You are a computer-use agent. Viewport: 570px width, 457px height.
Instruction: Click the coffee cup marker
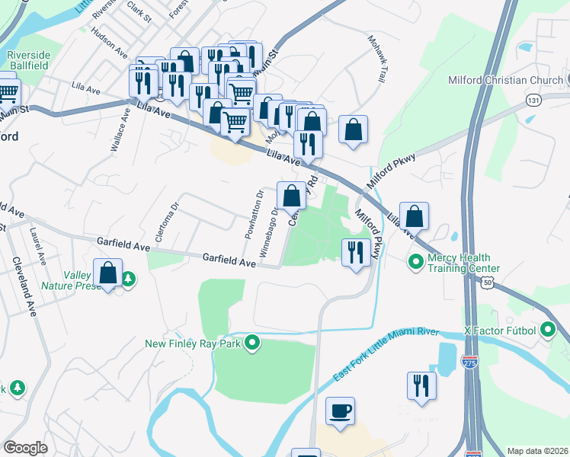(340, 411)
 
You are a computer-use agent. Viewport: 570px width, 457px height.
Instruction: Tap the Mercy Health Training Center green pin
(416, 263)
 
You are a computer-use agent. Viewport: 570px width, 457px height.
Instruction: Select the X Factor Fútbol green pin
(547, 331)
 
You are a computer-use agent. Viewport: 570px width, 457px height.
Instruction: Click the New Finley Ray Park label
(194, 344)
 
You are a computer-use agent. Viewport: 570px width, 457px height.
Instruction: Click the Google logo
(26, 447)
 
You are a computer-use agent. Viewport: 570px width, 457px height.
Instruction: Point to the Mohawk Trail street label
(376, 59)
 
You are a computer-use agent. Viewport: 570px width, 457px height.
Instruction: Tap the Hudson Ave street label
(109, 43)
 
